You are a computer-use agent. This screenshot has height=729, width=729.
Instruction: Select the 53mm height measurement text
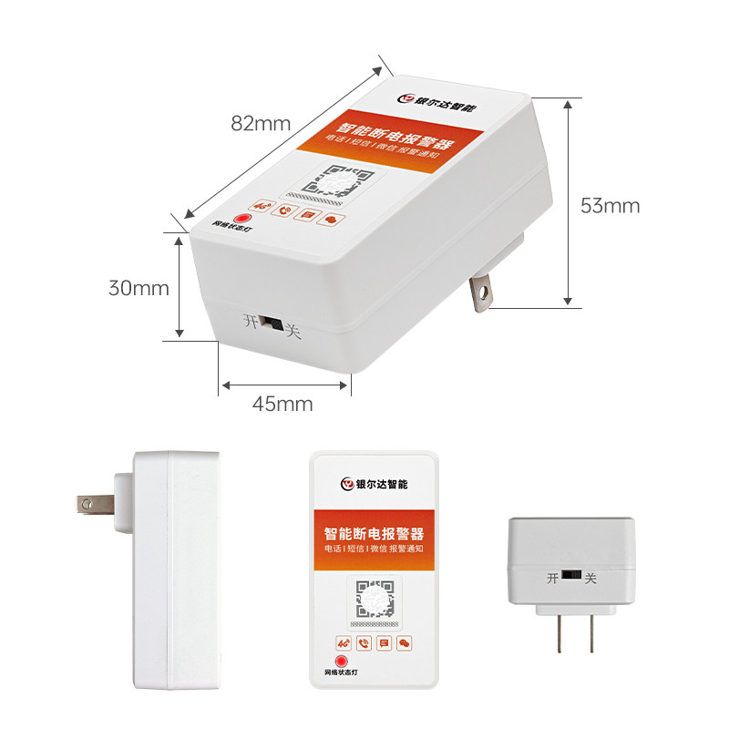(x=610, y=206)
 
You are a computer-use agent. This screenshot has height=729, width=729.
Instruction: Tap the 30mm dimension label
(x=139, y=288)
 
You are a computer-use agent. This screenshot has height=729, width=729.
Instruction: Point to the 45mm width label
(x=282, y=404)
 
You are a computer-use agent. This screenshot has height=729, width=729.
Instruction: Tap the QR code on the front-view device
(x=374, y=601)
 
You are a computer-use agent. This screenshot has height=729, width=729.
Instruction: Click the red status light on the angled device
(x=241, y=218)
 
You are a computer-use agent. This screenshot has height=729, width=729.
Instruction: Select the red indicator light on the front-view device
(x=342, y=660)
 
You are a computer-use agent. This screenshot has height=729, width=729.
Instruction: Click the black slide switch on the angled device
(x=271, y=323)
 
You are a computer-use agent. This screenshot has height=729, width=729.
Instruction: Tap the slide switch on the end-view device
(x=570, y=577)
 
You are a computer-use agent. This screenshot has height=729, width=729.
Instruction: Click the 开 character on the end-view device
(x=552, y=578)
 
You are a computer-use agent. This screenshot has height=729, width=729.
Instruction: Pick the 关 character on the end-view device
(x=590, y=578)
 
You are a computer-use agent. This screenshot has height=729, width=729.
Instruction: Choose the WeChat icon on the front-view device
(x=406, y=642)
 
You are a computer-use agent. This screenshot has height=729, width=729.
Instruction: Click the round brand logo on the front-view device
(x=345, y=484)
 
